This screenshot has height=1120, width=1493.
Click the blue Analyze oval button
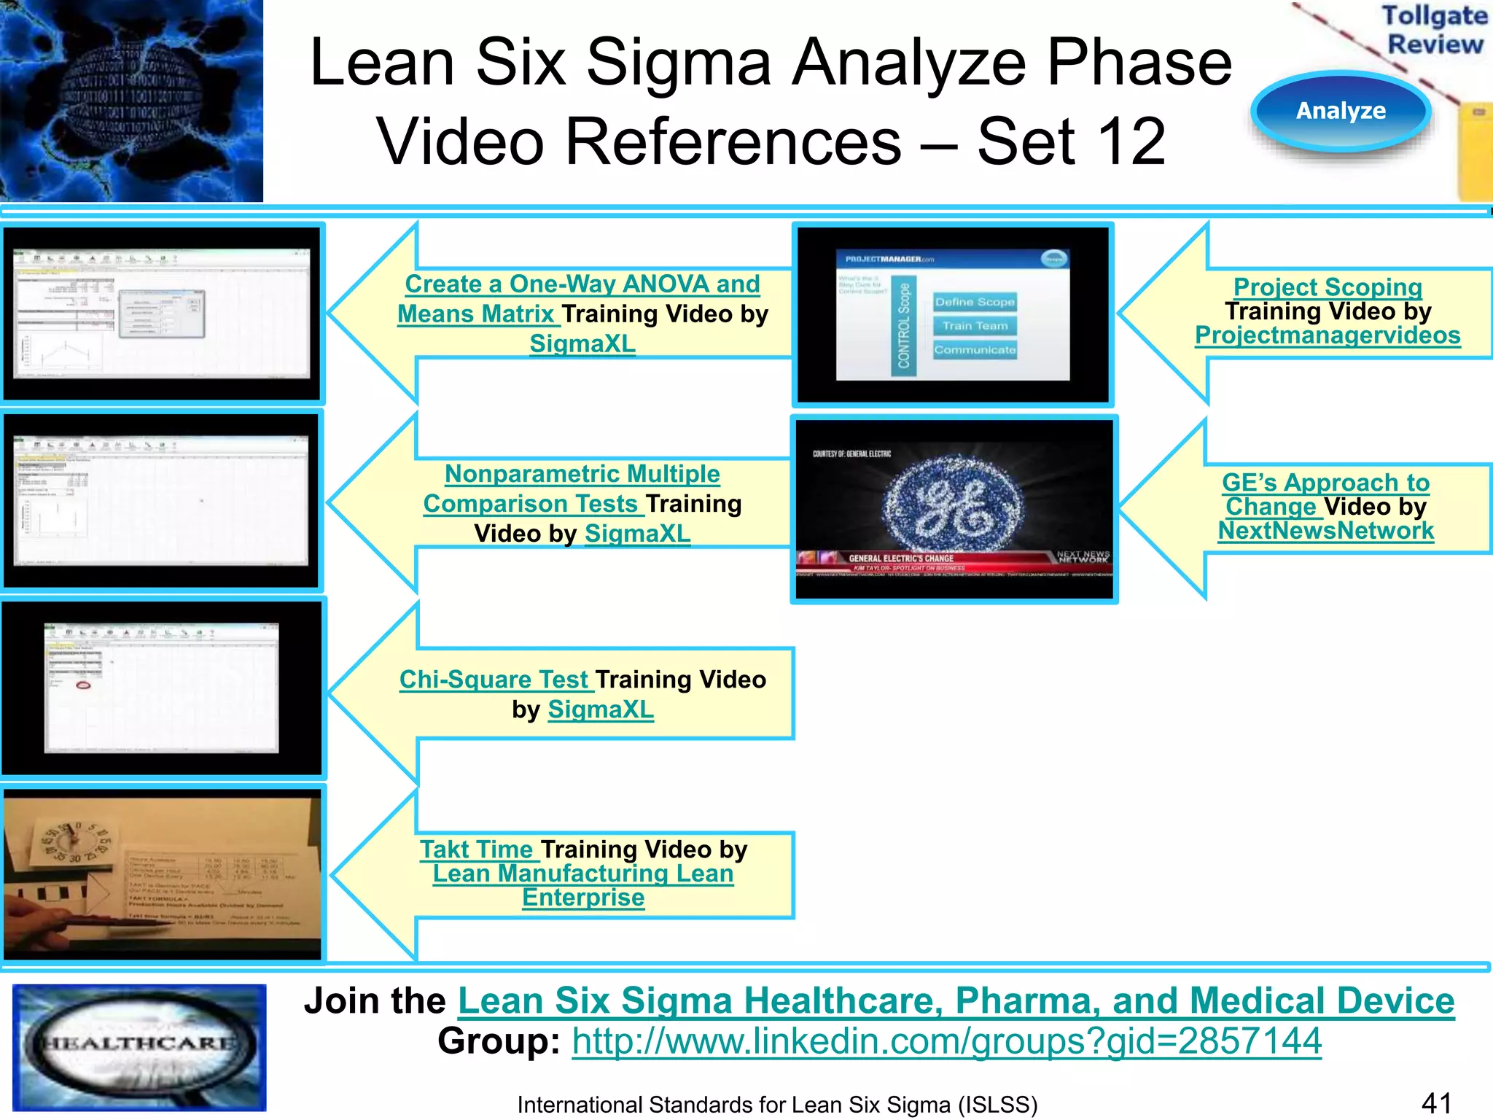pos(1341,112)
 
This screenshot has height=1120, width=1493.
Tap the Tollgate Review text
pos(1434,30)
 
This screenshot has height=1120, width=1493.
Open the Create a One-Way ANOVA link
pos(582,284)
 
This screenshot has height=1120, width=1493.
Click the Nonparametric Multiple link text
pos(582,474)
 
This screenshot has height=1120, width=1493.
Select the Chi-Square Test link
pos(494,680)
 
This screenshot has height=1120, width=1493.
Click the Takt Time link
pos(477,849)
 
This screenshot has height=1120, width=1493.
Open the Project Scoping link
pos(1327,287)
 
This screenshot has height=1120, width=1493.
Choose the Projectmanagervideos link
pos(1327,335)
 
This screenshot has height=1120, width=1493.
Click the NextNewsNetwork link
pos(1325,531)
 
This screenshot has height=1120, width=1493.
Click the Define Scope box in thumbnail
pos(975,302)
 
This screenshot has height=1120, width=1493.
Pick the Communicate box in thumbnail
pos(975,350)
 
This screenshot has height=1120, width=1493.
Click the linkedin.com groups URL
pos(946,1041)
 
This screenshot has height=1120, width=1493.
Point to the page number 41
pos(1436,1103)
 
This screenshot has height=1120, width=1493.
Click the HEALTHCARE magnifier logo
pos(139,1047)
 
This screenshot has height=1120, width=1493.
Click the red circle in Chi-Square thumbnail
pos(84,685)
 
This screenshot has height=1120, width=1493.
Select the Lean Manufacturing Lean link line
pos(582,874)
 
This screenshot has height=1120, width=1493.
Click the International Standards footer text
pos(777,1105)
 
